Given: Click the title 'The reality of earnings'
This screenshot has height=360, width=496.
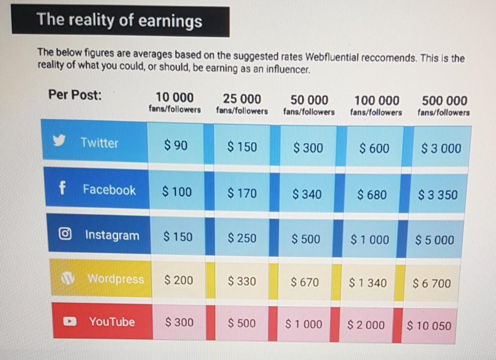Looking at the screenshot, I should [x=119, y=21].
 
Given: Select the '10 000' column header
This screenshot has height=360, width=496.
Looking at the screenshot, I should [x=174, y=98].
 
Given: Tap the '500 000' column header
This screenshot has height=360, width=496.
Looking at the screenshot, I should [x=444, y=100].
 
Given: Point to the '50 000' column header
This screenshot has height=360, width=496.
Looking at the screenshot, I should [x=309, y=99].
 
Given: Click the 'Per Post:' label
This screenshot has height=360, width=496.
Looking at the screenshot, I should [x=75, y=95].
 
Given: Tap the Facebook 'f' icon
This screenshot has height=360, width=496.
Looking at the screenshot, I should [x=62, y=189].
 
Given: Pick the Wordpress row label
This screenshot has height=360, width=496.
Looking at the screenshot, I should [x=115, y=279].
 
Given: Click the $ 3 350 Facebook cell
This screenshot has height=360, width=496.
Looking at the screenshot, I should [x=438, y=195].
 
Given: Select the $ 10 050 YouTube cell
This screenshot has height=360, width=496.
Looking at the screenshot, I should [x=428, y=326].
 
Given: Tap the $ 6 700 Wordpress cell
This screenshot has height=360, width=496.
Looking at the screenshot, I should [x=431, y=283].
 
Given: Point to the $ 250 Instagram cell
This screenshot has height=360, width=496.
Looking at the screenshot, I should [x=242, y=238].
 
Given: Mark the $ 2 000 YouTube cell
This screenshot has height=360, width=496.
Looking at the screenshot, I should [x=366, y=325].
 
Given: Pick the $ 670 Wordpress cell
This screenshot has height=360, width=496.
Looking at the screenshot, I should [x=305, y=282].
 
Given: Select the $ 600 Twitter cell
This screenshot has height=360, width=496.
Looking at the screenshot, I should [x=375, y=149].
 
